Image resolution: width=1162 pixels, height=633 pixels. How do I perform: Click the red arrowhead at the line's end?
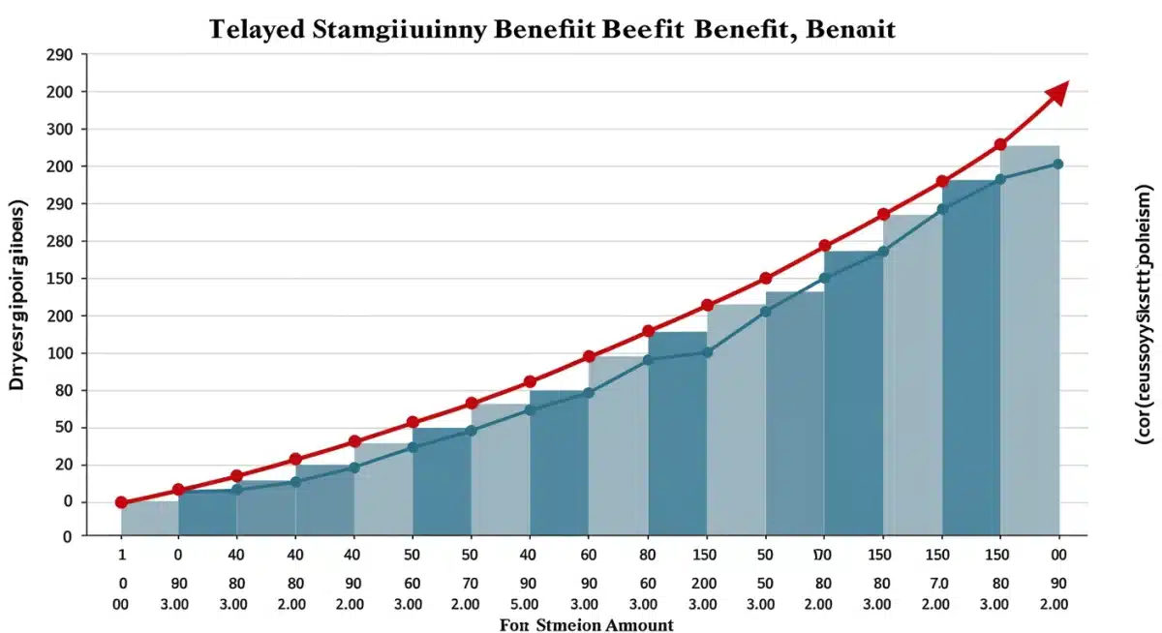click(x=1056, y=94)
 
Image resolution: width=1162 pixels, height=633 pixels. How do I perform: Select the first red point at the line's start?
click(x=121, y=502)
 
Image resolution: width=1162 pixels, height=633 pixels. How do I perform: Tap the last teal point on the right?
click(x=1057, y=165)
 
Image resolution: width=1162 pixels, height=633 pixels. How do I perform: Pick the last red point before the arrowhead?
click(x=1000, y=145)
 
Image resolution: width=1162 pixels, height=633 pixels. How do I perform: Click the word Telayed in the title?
click(x=259, y=29)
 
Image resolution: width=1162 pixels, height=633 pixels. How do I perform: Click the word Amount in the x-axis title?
click(x=639, y=625)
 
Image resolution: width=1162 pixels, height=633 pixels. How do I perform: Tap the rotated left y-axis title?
click(x=18, y=296)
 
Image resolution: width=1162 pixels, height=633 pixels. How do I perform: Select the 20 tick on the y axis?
click(x=64, y=465)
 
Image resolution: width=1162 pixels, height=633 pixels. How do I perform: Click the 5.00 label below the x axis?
click(x=529, y=604)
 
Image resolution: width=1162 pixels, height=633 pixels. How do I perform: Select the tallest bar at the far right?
click(x=1029, y=339)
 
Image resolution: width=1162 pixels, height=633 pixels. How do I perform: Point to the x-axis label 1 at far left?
click(x=122, y=556)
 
